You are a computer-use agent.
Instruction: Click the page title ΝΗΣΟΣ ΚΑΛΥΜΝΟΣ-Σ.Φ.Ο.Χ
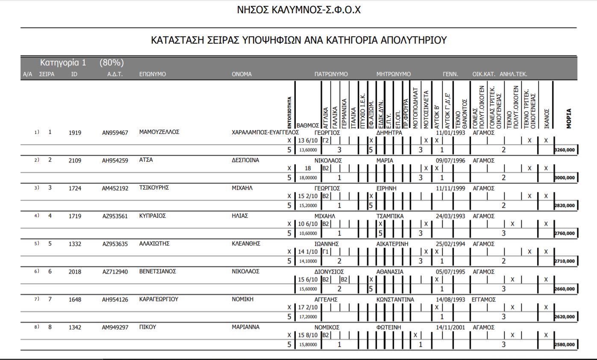tap(299, 10)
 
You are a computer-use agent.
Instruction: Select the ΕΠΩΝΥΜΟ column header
tap(153, 74)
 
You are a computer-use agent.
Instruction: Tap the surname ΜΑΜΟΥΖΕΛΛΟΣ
tap(159, 132)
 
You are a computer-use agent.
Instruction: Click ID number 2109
tap(75, 160)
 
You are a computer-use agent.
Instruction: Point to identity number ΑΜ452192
tap(115, 188)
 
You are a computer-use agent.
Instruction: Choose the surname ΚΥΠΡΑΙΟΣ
tap(152, 216)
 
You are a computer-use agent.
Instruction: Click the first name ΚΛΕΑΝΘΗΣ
tap(246, 244)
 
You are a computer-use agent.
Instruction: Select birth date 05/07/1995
tap(450, 272)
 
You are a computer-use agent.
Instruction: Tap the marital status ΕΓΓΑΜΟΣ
tap(483, 300)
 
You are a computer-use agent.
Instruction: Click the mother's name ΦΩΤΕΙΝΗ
tap(388, 328)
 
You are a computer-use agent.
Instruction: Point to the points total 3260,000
tap(565, 150)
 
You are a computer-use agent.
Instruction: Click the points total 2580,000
tap(565, 345)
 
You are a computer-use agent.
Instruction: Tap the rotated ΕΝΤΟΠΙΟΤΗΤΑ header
tap(290, 112)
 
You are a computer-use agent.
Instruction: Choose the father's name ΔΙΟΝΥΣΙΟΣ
tap(329, 272)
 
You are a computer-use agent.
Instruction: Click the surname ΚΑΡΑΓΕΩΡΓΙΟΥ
tap(159, 299)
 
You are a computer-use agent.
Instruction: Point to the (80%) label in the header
tap(112, 63)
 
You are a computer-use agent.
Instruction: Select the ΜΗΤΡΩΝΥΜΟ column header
tap(393, 74)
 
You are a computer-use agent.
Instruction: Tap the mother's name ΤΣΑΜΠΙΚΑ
tap(390, 216)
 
